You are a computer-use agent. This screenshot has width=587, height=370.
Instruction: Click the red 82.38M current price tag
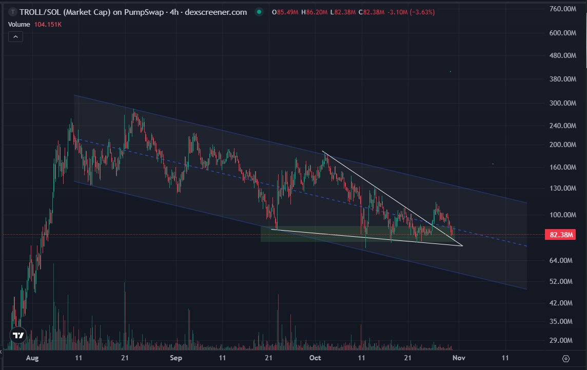[561, 235]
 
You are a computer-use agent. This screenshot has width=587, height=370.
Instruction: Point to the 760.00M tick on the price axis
[561, 9]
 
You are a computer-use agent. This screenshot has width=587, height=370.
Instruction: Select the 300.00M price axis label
[561, 103]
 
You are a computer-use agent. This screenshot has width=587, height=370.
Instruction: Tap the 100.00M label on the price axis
[561, 215]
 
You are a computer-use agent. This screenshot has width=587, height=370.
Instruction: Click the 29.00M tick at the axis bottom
[561, 340]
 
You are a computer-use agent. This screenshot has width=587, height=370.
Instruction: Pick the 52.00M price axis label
[561, 281]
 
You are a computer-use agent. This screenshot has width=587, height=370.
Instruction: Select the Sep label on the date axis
[176, 358]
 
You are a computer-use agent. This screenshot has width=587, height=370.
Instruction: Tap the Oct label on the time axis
[316, 358]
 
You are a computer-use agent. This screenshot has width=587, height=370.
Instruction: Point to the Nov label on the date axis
[459, 358]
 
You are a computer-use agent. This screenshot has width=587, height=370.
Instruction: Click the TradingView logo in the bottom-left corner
[18, 336]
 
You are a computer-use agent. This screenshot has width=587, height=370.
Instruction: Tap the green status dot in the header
[260, 12]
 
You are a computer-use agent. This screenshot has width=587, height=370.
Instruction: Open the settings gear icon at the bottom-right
[566, 358]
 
